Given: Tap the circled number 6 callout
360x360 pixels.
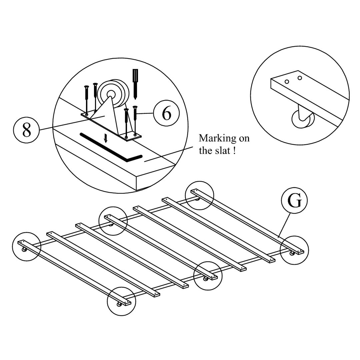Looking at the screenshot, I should [166, 114].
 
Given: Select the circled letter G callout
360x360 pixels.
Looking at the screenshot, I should [294, 201].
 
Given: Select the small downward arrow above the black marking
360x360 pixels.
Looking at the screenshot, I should [106, 138].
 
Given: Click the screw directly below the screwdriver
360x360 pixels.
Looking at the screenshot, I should [135, 120].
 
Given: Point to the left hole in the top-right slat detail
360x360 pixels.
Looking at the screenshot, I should [286, 81].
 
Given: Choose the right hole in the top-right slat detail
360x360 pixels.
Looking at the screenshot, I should [300, 78].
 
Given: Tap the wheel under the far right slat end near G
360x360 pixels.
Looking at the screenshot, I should [292, 254].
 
